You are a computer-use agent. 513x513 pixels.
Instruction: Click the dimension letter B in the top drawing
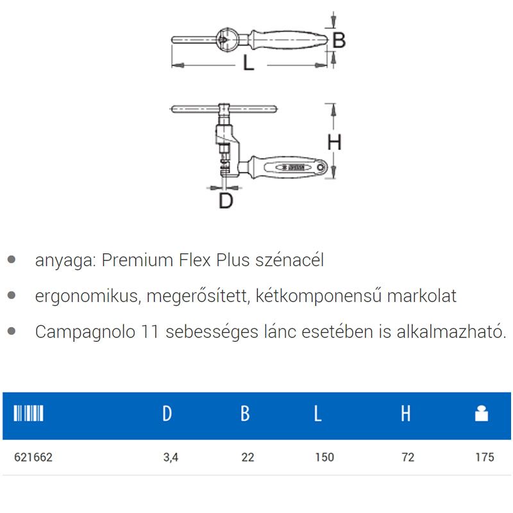point(339,40)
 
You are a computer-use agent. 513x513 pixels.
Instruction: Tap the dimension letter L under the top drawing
point(248,63)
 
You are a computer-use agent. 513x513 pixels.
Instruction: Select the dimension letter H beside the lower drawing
point(334,142)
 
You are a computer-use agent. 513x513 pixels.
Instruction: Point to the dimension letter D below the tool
point(225,201)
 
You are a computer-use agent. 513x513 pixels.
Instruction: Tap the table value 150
point(325,457)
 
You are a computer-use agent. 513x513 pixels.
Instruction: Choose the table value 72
point(408,457)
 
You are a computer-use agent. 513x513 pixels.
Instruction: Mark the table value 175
point(485,457)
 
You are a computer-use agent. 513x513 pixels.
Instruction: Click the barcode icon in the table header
point(28,414)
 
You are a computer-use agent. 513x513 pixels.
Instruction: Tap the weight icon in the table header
point(481,414)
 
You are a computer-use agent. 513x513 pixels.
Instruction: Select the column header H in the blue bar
point(405,414)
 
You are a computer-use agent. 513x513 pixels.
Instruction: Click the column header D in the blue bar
point(167,414)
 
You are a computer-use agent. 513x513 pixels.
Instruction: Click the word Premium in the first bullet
point(130,260)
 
